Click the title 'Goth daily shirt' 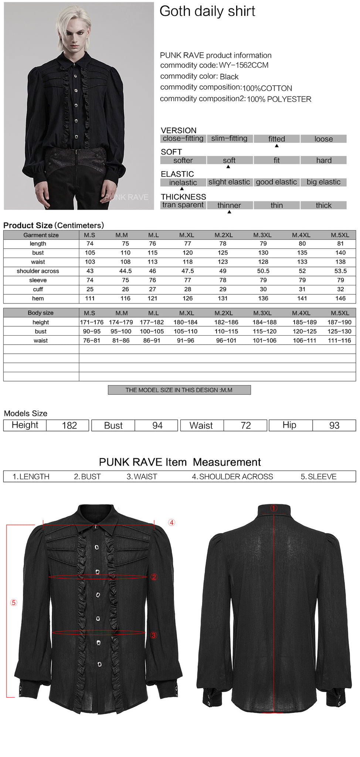click(x=207, y=11)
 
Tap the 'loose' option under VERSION click(x=323, y=139)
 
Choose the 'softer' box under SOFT click(x=183, y=160)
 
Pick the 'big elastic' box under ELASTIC click(x=323, y=182)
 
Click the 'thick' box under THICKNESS click(x=323, y=206)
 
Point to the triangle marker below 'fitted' click(x=276, y=146)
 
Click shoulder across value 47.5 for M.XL click(x=187, y=271)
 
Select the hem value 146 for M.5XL click(x=340, y=298)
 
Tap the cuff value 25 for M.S click(x=90, y=289)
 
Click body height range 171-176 click(x=92, y=322)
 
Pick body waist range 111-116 click(x=339, y=340)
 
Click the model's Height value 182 click(x=69, y=425)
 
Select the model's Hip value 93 click(x=334, y=425)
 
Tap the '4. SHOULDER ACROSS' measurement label click(x=232, y=477)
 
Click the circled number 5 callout click(x=14, y=603)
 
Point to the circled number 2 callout click(x=154, y=577)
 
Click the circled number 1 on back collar click(x=274, y=508)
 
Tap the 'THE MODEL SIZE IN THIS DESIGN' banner click(x=179, y=390)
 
